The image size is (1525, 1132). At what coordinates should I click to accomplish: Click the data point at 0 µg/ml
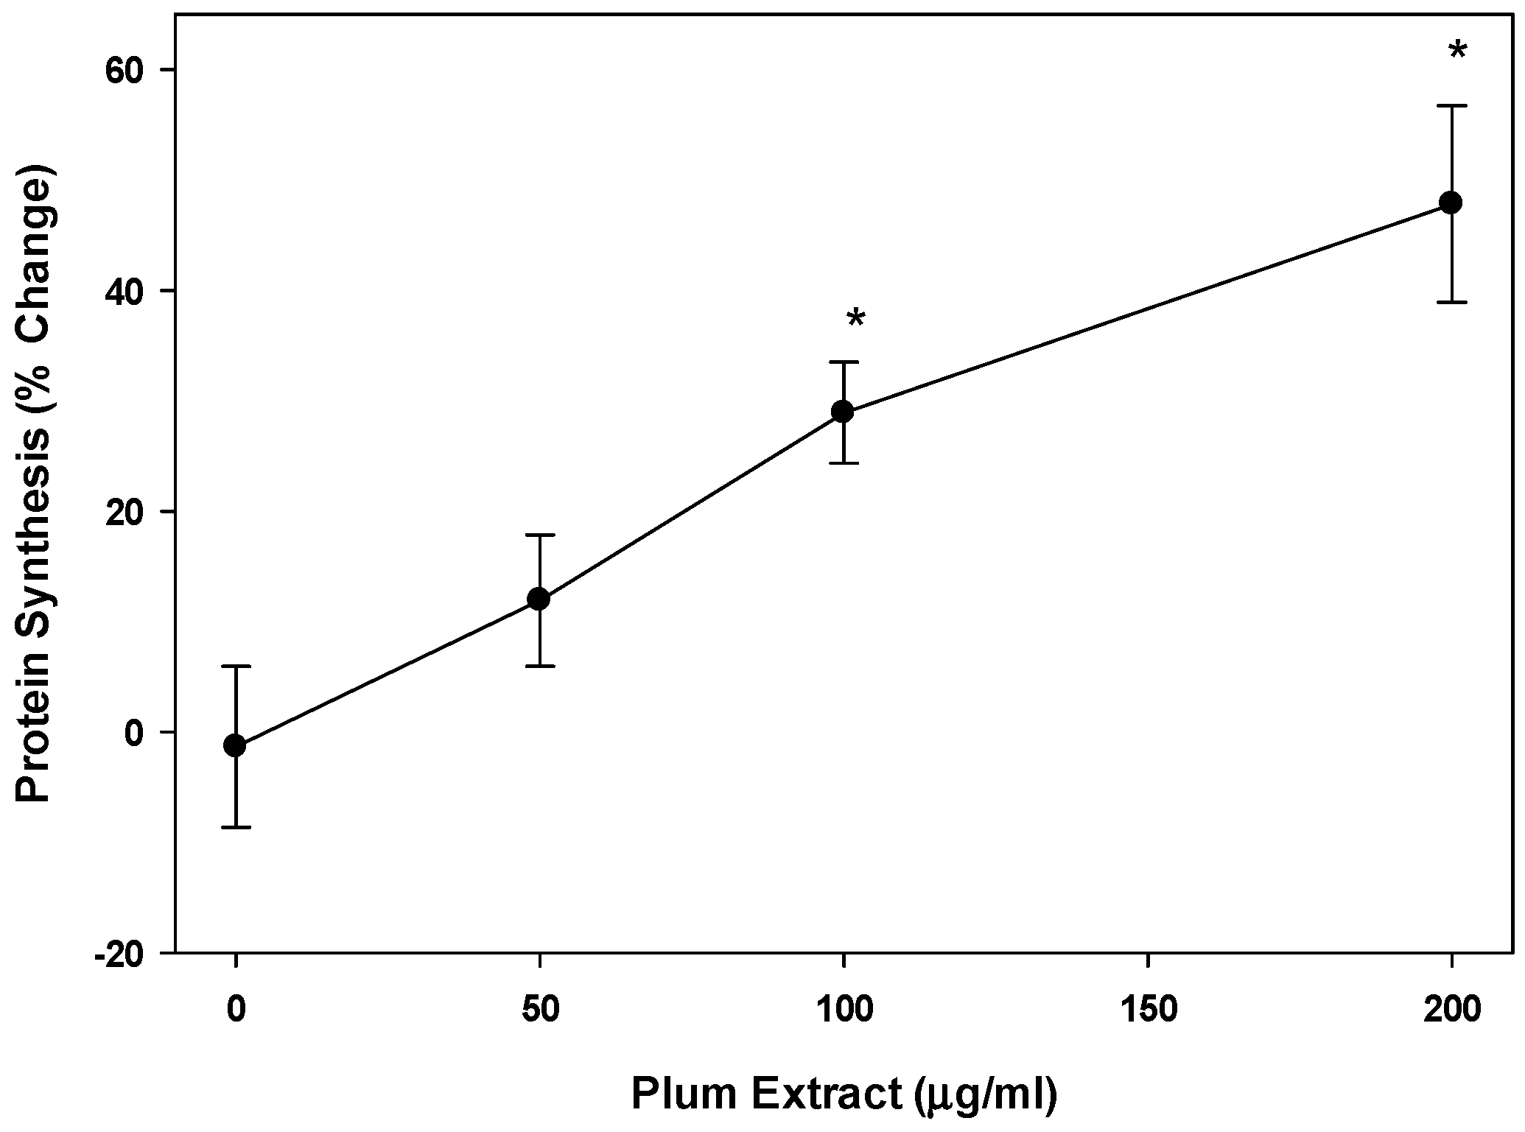coord(235,745)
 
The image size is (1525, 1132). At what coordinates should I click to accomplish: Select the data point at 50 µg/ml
coord(539,599)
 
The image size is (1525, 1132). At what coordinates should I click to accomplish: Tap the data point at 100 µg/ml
coord(843,412)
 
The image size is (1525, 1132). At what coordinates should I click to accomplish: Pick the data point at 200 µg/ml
coord(1451,203)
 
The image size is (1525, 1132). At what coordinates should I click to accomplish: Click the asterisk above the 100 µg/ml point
coord(856,320)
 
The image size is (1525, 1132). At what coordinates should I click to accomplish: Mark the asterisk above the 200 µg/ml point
coord(1457,52)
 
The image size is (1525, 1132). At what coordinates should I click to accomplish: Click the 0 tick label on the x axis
coord(236,1010)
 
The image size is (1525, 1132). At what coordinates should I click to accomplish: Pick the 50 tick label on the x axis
coord(540,1010)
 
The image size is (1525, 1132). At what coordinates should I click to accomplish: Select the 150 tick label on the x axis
coord(1148,1010)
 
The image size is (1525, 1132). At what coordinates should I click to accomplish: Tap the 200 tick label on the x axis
coord(1452,1010)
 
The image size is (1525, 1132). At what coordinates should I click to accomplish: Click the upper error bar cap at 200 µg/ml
coord(1451,106)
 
